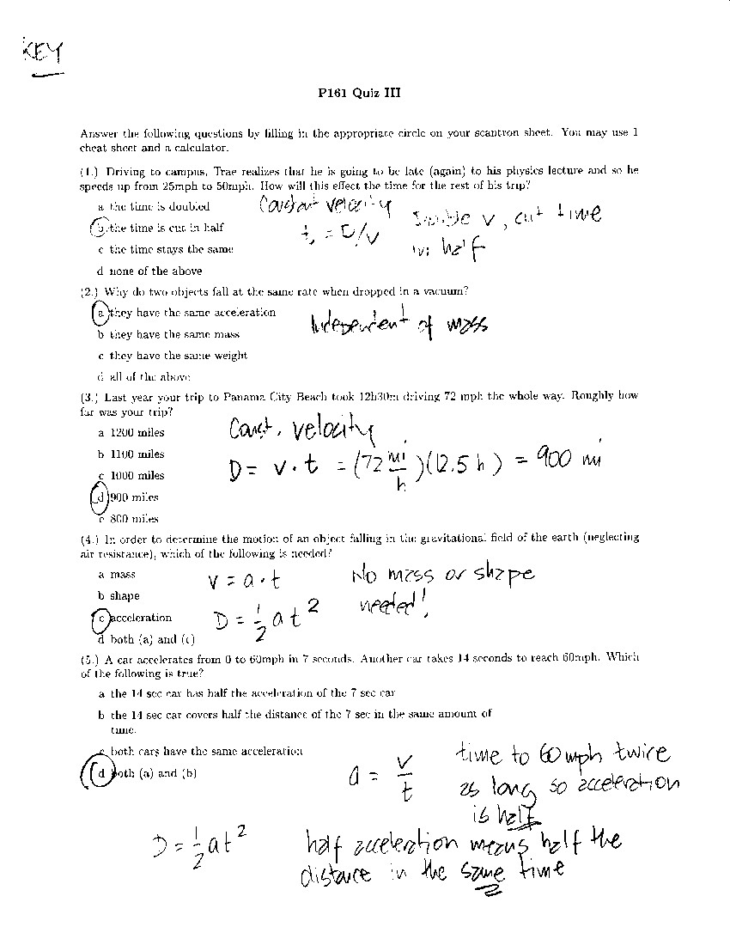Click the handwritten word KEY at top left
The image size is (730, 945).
coord(40,54)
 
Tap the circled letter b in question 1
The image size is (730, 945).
coord(100,228)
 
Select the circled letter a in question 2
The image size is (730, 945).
coord(100,313)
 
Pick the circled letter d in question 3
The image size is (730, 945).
coord(100,497)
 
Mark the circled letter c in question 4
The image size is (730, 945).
coord(100,618)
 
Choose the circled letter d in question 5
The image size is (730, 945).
coord(101,772)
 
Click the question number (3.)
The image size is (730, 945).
coord(90,398)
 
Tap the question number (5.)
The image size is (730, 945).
coord(90,659)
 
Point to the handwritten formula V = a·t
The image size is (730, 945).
coord(245,582)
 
